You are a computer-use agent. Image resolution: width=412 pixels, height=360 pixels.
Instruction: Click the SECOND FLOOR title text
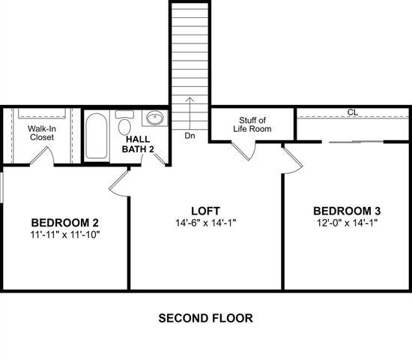click(205, 318)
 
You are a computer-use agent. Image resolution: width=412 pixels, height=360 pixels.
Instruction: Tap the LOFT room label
click(206, 210)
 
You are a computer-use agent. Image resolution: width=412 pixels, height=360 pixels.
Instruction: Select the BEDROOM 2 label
click(65, 223)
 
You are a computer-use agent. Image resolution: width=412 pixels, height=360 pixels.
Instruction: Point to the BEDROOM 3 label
click(348, 210)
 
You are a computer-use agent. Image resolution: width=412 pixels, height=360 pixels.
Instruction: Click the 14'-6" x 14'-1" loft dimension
click(206, 223)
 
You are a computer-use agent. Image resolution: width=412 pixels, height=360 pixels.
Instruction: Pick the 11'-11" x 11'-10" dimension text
click(65, 235)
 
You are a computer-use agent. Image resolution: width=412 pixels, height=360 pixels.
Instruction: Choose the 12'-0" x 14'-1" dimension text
click(348, 223)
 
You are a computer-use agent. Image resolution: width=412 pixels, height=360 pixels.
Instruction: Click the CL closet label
click(351, 112)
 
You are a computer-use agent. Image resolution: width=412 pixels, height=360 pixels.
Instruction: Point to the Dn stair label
click(190, 136)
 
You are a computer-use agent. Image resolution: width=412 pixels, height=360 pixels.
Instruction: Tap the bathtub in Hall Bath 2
click(95, 135)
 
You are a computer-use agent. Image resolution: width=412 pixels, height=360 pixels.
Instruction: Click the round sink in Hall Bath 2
click(155, 119)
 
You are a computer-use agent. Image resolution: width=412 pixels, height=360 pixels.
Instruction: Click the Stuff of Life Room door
click(245, 150)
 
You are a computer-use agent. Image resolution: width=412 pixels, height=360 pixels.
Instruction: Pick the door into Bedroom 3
click(291, 157)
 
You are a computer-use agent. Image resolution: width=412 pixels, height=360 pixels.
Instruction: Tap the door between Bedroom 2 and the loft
click(120, 182)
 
